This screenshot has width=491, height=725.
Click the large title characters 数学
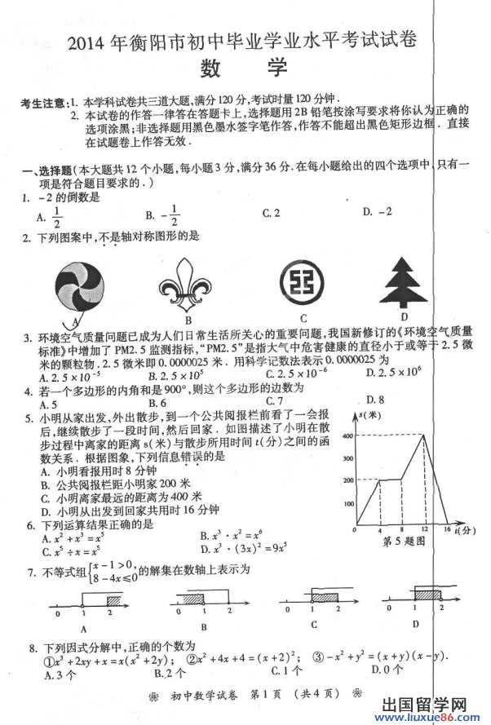(x=245, y=68)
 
